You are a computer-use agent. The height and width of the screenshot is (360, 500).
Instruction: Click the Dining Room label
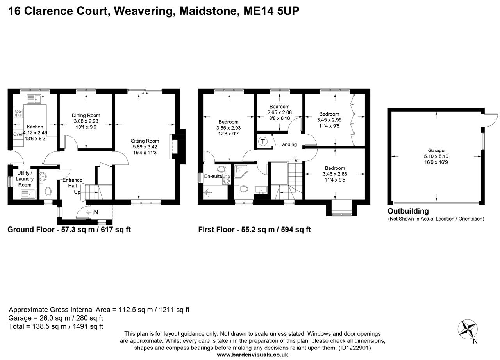pos(86,115)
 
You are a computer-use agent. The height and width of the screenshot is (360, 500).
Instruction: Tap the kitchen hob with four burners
pos(18,113)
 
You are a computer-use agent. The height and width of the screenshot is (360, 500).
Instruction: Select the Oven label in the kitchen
pos(18,134)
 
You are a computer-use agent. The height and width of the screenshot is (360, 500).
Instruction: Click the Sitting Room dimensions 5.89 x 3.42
pos(145,147)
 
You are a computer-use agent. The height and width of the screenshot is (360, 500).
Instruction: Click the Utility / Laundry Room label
pos(25,179)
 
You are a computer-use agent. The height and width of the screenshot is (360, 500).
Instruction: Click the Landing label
pos(288,144)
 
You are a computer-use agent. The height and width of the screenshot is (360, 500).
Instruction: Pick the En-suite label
pos(213,176)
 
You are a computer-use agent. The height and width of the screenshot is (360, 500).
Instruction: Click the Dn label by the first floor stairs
pos(296,160)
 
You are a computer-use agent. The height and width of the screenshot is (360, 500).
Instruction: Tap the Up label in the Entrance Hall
pos(77,192)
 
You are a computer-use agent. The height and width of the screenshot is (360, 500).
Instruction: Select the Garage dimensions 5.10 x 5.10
pos(436,156)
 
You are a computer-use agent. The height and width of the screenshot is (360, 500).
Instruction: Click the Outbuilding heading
pos(408,211)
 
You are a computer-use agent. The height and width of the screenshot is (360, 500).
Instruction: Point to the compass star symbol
pos(468,329)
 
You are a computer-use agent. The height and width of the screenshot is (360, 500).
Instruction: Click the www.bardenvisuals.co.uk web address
pos(252,355)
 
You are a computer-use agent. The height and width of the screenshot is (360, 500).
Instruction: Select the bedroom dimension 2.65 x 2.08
pos(279,112)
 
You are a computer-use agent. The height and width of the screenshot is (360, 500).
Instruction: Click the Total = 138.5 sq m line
pos(56,326)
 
